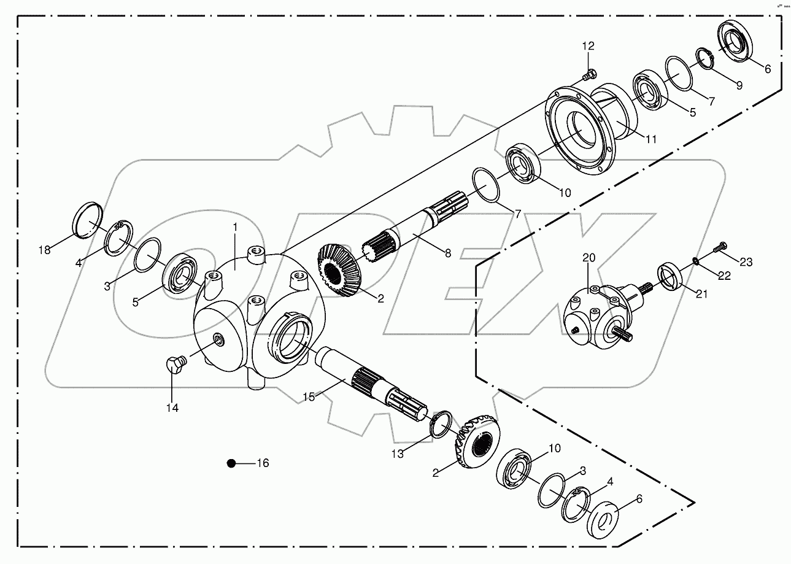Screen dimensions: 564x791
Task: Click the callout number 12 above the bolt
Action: pos(588,46)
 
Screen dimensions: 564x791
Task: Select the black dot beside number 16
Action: pos(231,463)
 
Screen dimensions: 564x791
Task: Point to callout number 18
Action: pos(44,250)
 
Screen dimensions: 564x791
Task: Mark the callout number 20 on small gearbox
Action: pos(589,258)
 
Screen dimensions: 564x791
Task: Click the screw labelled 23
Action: pos(719,249)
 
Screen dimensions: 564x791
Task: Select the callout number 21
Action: pos(701,294)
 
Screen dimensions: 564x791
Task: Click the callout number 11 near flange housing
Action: pos(650,139)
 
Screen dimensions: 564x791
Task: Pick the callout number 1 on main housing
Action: pos(234,227)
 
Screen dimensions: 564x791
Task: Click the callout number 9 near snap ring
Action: pos(739,86)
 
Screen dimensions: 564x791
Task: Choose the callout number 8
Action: pos(447,252)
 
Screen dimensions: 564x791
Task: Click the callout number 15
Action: pos(308,397)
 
